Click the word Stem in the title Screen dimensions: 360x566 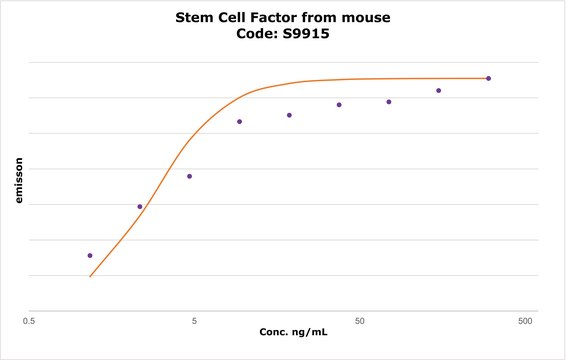tap(195, 17)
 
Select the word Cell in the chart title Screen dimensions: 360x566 tap(240, 17)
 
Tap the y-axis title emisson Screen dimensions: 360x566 tap(18, 179)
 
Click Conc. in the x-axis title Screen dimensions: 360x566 tap(275, 331)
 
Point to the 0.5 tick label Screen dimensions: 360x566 tap(30, 322)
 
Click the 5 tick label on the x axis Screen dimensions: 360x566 tap(194, 322)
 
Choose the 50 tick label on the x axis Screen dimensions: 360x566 tap(359, 322)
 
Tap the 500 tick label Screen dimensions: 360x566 tap(523, 322)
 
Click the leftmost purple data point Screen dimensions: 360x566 tap(90, 255)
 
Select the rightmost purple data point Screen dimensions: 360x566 tap(488, 78)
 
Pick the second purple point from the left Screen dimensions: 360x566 tap(140, 206)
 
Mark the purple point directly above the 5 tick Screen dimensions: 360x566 tap(190, 176)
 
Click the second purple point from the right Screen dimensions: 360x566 tap(438, 91)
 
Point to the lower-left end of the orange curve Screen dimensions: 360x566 tap(90, 276)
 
